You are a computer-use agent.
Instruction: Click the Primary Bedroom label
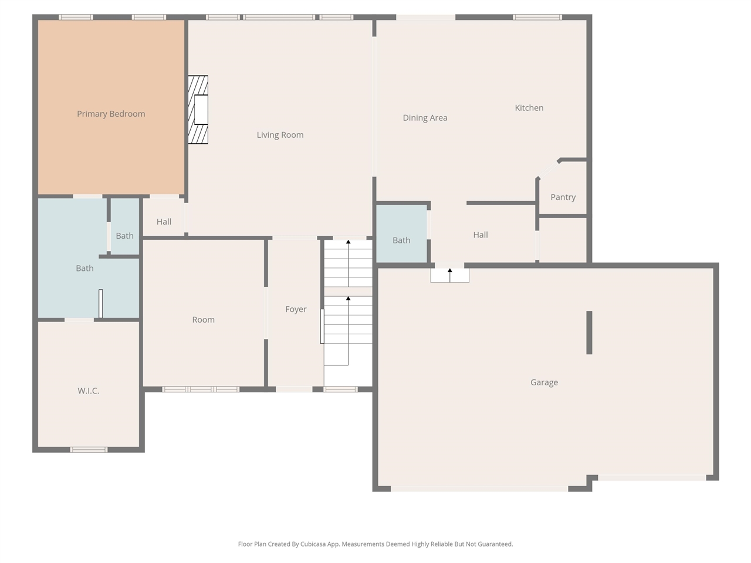(x=111, y=114)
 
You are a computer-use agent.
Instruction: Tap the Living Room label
(x=280, y=135)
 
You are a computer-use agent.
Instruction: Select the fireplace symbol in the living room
(x=198, y=110)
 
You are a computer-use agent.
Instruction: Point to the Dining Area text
(x=425, y=118)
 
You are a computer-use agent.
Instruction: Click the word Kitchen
(x=529, y=108)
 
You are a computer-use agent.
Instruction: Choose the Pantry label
(x=563, y=197)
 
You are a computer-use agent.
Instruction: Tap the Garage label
(x=544, y=382)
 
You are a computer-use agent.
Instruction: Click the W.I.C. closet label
(x=88, y=391)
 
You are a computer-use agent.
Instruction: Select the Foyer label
(x=296, y=309)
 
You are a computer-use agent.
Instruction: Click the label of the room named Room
(x=203, y=320)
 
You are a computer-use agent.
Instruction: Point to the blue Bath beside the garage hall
(x=401, y=240)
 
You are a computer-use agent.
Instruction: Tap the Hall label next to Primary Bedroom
(x=164, y=222)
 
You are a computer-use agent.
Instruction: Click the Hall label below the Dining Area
(x=480, y=235)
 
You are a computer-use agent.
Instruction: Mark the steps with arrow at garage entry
(x=449, y=275)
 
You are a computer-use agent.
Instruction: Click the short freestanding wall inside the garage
(x=589, y=333)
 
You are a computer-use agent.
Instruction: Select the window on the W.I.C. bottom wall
(x=89, y=450)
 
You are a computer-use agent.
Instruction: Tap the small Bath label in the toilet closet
(x=124, y=236)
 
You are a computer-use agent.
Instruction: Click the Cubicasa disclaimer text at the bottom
(x=375, y=544)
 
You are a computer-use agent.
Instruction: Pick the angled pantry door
(x=548, y=169)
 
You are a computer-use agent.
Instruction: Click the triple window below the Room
(x=201, y=389)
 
